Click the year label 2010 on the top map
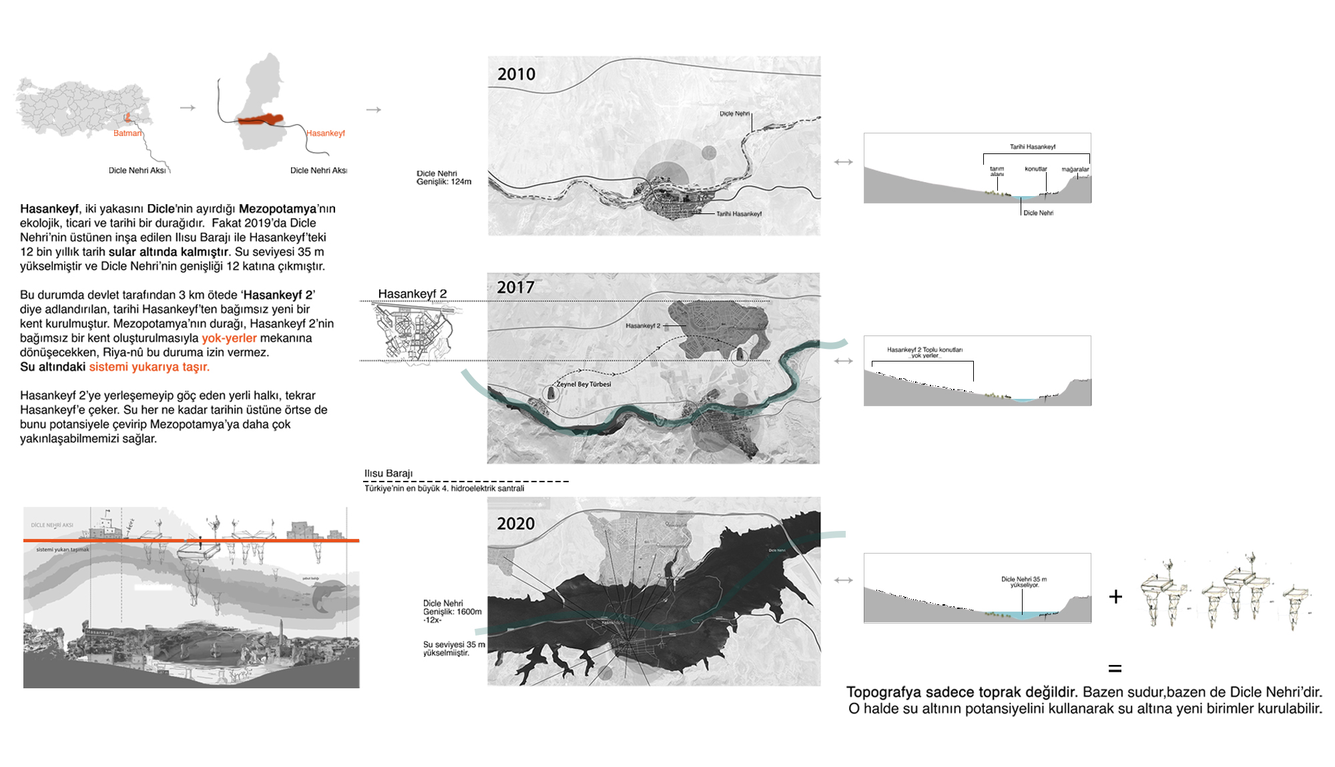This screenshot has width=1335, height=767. [x=516, y=74]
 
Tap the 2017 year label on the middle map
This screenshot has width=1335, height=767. [x=515, y=287]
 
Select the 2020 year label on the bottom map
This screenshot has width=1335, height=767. [x=515, y=524]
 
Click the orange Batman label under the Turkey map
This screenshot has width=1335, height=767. [x=127, y=133]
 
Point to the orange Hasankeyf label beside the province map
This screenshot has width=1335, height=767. [x=326, y=133]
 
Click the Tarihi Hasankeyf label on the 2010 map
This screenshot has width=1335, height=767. [x=738, y=214]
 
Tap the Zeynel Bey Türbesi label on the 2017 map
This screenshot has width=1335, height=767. [x=583, y=384]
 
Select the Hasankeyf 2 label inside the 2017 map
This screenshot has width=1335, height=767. [x=643, y=325]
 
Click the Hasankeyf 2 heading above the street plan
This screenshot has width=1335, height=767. [x=412, y=293]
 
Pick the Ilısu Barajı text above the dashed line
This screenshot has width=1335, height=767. [x=388, y=474]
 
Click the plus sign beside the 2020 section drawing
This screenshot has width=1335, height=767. [x=1115, y=596]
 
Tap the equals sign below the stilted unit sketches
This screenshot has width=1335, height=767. [x=1115, y=668]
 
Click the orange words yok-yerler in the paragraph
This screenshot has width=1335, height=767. [x=229, y=338]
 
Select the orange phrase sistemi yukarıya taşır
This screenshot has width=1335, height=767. [x=149, y=367]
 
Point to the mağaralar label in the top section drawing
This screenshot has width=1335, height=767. [x=1075, y=169]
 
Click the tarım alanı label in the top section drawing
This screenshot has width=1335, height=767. [x=997, y=171]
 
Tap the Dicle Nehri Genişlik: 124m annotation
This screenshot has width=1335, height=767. [x=444, y=177]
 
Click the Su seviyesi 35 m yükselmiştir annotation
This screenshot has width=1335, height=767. [x=454, y=648]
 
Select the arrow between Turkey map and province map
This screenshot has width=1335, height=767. [x=188, y=107]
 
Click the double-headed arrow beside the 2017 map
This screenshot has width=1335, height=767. [x=844, y=361]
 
